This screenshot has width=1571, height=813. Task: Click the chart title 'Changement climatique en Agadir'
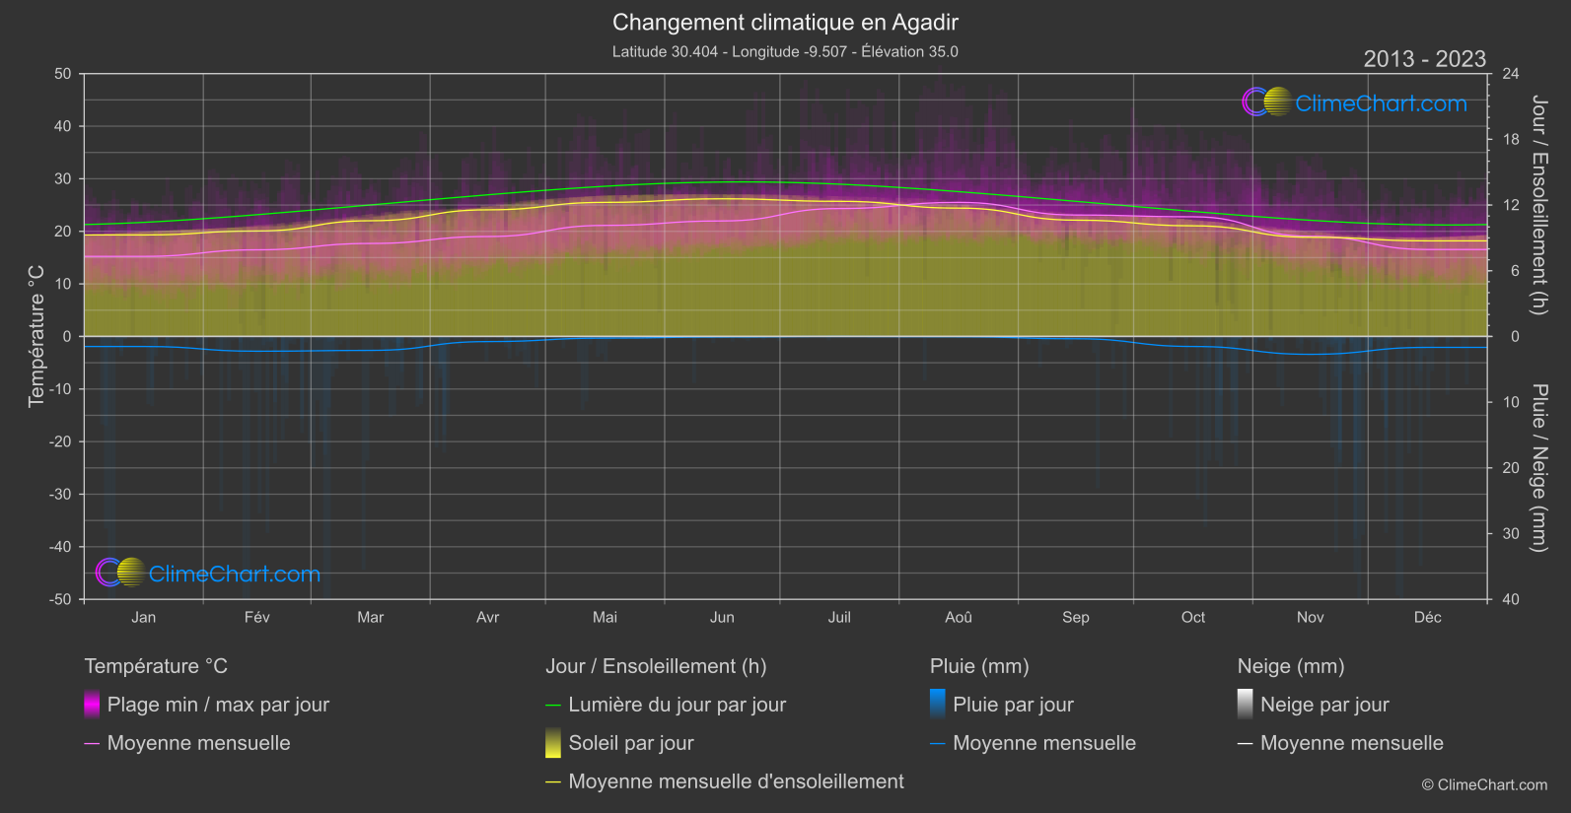pyautogui.click(x=785, y=23)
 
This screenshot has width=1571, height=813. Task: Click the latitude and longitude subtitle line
pyautogui.click(x=785, y=51)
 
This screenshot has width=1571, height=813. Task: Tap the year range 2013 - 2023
pyautogui.click(x=1424, y=59)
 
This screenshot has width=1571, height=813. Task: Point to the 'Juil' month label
pyautogui.click(x=839, y=617)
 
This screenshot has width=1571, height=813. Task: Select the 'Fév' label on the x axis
pyautogui.click(x=256, y=617)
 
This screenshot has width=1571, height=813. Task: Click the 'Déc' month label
pyautogui.click(x=1427, y=617)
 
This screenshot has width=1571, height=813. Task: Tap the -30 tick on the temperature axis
pyautogui.click(x=61, y=494)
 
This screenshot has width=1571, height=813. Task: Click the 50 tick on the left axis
pyautogui.click(x=63, y=74)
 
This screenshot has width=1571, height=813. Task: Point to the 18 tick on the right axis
pyautogui.click(x=1511, y=139)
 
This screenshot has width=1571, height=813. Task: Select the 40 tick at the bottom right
pyautogui.click(x=1511, y=599)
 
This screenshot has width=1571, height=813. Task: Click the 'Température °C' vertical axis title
pyautogui.click(x=36, y=336)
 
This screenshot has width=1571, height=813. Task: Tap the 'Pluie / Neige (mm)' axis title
pyautogui.click(x=1538, y=467)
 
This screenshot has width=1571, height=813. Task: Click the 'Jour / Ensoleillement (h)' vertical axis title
pyautogui.click(x=1538, y=205)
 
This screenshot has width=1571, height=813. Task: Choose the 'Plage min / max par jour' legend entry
pyautogui.click(x=218, y=705)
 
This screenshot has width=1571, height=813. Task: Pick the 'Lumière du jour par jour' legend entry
pyautogui.click(x=677, y=705)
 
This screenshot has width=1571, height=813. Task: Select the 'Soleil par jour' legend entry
pyautogui.click(x=630, y=743)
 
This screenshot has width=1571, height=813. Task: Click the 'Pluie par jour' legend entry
pyautogui.click(x=1013, y=705)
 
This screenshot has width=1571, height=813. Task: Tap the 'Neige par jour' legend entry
pyautogui.click(x=1323, y=705)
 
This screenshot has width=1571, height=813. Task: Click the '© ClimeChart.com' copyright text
pyautogui.click(x=1484, y=784)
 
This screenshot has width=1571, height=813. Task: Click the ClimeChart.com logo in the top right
pyautogui.click(x=1355, y=102)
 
